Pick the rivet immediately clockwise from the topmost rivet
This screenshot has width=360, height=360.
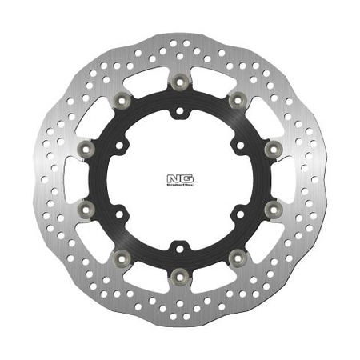(238, 100)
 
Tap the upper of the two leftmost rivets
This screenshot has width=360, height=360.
(87, 149)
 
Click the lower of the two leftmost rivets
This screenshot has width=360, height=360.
(87, 209)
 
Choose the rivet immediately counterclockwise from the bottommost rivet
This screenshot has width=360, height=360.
(238, 257)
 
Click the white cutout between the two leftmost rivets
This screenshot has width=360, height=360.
(78, 179)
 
